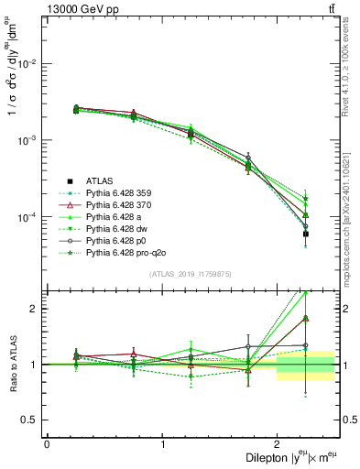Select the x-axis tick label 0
(47, 444)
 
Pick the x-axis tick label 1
(163, 444)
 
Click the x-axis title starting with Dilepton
(283, 457)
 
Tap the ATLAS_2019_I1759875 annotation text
(191, 275)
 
